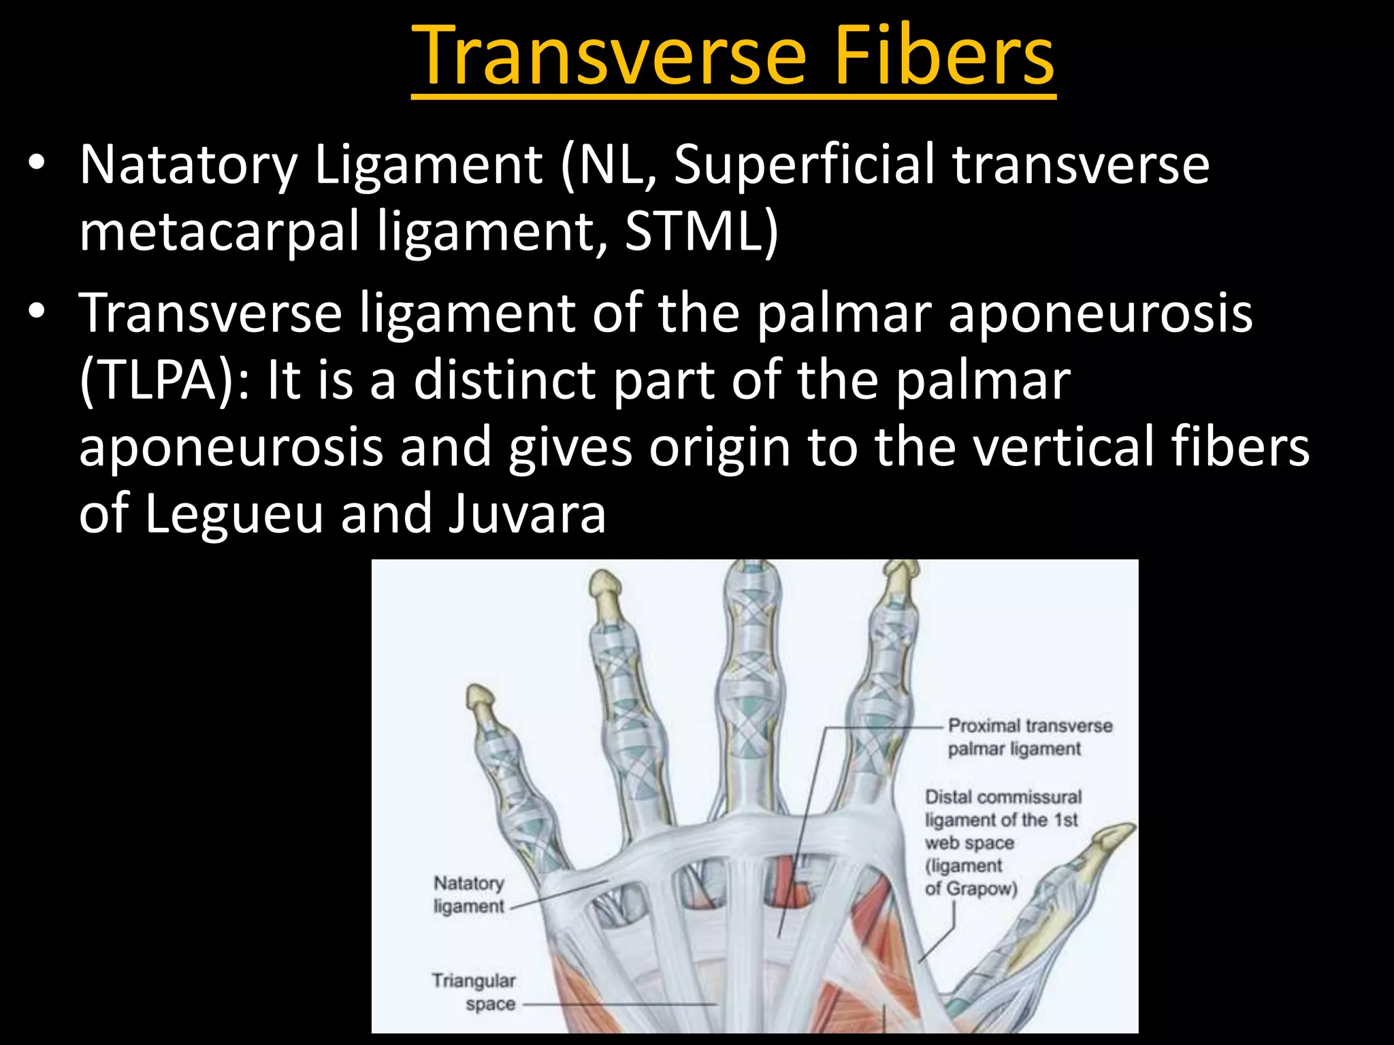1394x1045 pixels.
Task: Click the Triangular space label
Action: click(x=474, y=992)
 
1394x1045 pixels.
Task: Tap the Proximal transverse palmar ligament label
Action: click(x=1029, y=737)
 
